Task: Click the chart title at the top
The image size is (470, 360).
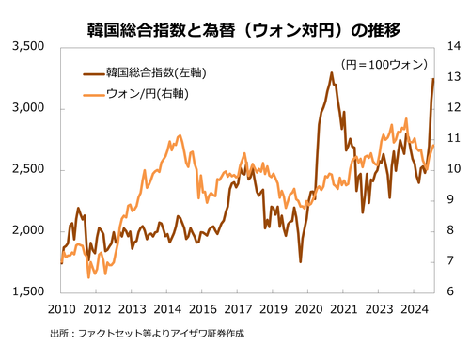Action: pyautogui.click(x=235, y=29)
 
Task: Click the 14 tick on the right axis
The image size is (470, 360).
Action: pyautogui.click(x=451, y=46)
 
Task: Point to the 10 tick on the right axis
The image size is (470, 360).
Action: pyautogui.click(x=451, y=169)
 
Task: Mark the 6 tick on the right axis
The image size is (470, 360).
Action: pyautogui.click(x=451, y=292)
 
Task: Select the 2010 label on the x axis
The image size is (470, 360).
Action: pyautogui.click(x=61, y=308)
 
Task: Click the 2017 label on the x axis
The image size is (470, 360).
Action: pyautogui.click(x=238, y=308)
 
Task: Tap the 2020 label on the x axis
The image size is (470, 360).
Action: pyautogui.click(x=308, y=308)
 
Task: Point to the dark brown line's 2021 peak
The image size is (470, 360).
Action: pyautogui.click(x=332, y=72)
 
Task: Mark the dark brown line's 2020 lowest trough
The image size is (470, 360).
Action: pyautogui.click(x=301, y=261)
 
